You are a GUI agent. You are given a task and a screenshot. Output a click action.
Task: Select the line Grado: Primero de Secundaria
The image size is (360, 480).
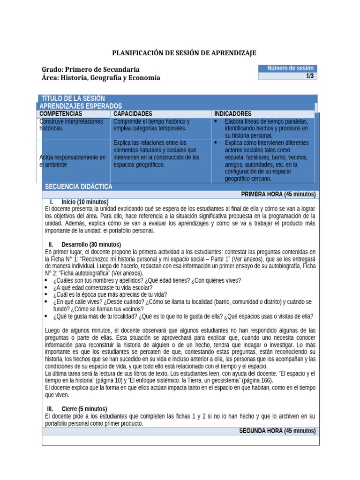(x=90, y=69)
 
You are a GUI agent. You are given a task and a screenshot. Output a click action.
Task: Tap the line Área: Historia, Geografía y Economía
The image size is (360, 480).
(x=101, y=78)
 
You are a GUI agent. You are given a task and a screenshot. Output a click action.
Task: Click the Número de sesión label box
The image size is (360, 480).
(x=288, y=68)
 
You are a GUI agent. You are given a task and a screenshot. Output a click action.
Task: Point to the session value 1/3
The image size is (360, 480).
(x=309, y=76)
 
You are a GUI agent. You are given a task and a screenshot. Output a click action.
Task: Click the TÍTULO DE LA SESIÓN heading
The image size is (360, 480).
(x=73, y=98)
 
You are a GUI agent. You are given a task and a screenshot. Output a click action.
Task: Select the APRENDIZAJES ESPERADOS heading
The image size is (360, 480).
(x=81, y=106)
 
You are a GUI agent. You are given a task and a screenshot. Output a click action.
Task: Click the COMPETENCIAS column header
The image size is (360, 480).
(x=61, y=114)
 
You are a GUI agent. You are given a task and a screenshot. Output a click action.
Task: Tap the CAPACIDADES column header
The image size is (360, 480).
(x=133, y=114)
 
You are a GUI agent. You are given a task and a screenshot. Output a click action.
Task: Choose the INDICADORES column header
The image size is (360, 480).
(x=232, y=114)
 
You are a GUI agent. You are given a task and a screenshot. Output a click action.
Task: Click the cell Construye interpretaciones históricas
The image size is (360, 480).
(x=71, y=125)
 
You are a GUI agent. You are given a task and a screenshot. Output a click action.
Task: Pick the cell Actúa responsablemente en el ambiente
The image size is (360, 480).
(x=73, y=161)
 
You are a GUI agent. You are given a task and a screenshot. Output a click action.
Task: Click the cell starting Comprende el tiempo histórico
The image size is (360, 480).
(x=151, y=125)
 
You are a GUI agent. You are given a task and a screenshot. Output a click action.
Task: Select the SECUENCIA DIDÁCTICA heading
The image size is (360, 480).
(x=78, y=187)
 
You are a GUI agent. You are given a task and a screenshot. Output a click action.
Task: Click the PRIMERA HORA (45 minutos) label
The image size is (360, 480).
(x=278, y=194)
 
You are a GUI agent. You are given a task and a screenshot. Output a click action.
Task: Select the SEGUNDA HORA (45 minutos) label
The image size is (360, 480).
(x=277, y=431)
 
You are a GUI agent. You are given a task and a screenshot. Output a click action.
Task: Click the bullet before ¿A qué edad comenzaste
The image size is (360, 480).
(x=46, y=288)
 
